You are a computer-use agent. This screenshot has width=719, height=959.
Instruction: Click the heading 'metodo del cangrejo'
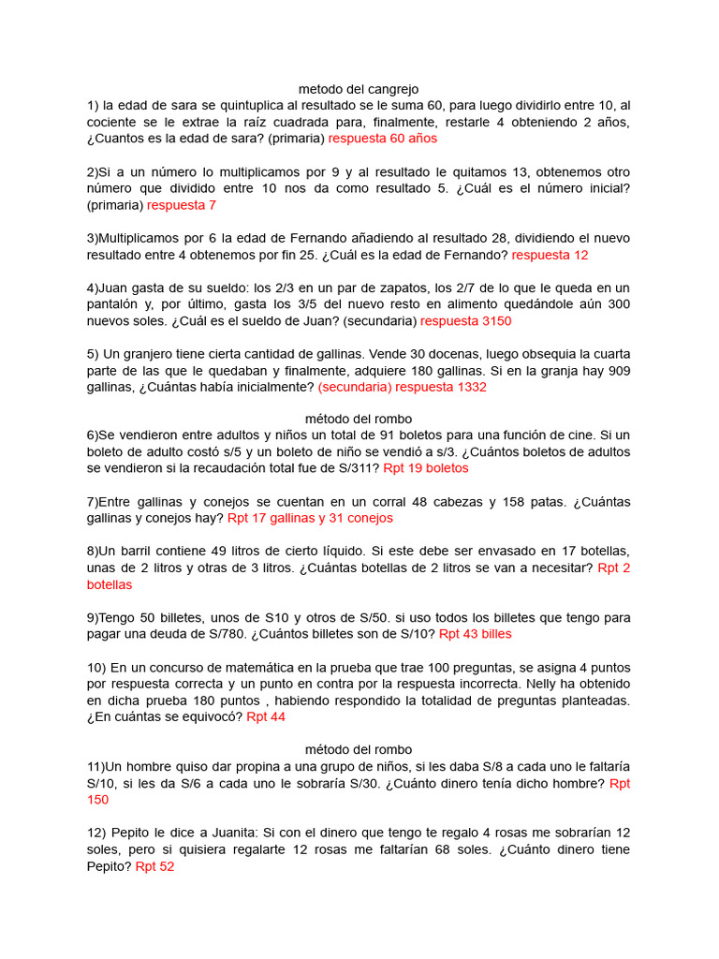(x=359, y=89)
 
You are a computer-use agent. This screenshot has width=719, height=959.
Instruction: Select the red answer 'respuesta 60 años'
(x=383, y=139)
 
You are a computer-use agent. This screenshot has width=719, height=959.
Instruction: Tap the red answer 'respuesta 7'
(x=182, y=205)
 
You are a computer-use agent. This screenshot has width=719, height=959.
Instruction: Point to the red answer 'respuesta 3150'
(x=466, y=321)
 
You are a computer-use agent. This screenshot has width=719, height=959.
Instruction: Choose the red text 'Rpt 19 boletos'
(x=426, y=468)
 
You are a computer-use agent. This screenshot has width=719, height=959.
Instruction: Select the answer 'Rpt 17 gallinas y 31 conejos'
(x=310, y=518)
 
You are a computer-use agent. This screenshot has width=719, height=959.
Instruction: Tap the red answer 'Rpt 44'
(x=266, y=717)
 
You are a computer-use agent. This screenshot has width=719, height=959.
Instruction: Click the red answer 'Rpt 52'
(x=154, y=867)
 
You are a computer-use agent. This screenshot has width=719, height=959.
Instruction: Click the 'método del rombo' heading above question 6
(x=359, y=419)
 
